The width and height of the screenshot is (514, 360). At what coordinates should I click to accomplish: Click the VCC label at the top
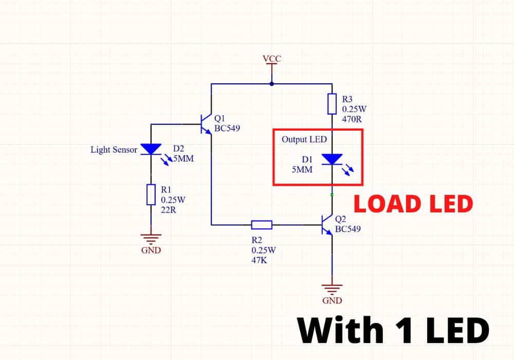click(x=272, y=59)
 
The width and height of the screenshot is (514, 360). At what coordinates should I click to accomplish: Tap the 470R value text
click(x=353, y=118)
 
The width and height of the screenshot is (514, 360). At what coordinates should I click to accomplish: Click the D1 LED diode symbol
click(x=332, y=159)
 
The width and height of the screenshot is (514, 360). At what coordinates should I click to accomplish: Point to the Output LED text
click(x=304, y=139)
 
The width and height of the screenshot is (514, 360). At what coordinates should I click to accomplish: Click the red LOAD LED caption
click(x=413, y=204)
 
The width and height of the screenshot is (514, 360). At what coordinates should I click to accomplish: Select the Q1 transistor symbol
click(x=205, y=123)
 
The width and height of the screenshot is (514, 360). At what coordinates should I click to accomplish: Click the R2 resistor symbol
click(x=262, y=224)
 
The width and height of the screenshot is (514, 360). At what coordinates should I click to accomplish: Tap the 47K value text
click(x=259, y=260)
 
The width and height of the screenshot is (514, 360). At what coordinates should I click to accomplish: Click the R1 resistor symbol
click(x=151, y=194)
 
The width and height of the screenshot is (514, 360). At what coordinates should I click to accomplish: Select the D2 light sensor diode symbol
click(x=151, y=149)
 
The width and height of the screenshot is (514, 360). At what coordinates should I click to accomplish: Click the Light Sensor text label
click(x=114, y=150)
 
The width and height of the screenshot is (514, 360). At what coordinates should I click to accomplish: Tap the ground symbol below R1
click(x=151, y=238)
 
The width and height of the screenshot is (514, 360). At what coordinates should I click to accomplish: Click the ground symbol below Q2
click(x=332, y=288)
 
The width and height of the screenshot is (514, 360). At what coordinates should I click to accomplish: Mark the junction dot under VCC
click(x=272, y=84)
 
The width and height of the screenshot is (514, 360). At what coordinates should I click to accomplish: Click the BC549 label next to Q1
click(x=227, y=128)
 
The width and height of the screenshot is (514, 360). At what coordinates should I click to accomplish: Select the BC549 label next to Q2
click(x=348, y=228)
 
